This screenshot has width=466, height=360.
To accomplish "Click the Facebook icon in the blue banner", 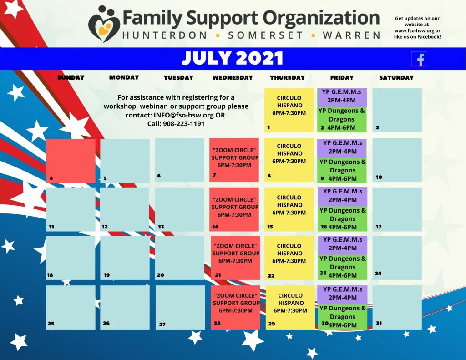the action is [x=419, y=59].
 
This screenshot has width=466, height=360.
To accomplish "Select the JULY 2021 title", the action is [x=232, y=58].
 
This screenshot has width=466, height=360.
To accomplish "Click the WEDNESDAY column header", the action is [x=233, y=77].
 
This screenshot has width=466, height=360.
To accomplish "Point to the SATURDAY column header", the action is [x=396, y=77].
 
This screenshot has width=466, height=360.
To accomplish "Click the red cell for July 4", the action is [x=71, y=161].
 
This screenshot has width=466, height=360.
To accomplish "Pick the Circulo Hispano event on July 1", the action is [x=289, y=110].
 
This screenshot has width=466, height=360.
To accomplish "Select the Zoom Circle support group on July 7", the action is [x=234, y=160].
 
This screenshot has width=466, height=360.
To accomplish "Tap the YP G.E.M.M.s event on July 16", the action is [x=342, y=196].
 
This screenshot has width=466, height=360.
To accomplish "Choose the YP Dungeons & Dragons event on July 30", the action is [x=342, y=317].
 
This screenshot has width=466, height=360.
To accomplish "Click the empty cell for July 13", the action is [x=179, y=209].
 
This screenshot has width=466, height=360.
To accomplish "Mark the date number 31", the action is [x=379, y=323].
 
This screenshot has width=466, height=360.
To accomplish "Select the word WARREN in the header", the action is [x=352, y=35].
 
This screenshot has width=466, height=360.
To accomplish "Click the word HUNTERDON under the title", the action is [x=165, y=35].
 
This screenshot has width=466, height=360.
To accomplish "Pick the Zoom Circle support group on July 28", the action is [x=235, y=307].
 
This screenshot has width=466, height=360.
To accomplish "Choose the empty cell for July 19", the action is [x=125, y=258].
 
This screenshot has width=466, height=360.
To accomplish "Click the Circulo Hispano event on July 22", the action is [x=289, y=258].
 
